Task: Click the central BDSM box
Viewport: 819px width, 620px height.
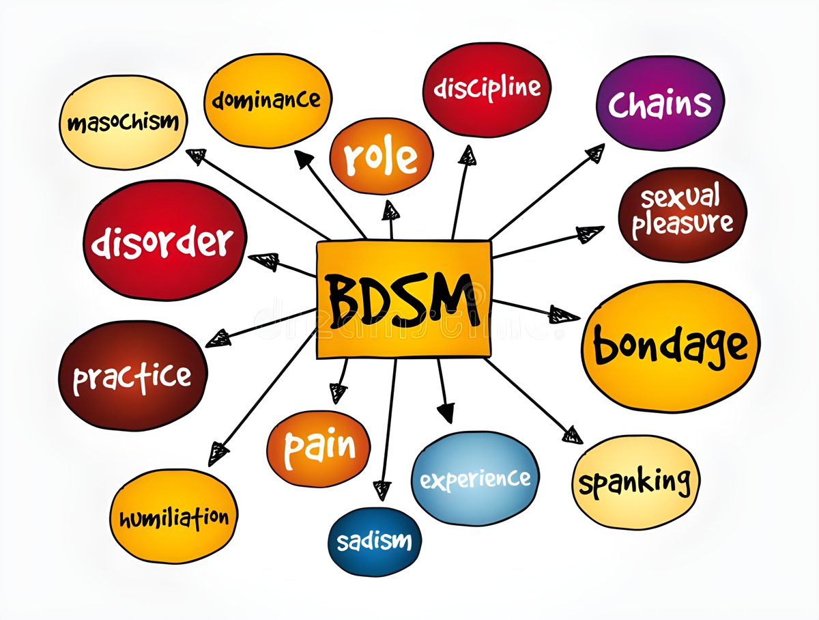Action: [404, 300]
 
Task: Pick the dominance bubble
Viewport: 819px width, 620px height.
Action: [268, 101]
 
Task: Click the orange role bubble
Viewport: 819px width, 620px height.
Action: [382, 155]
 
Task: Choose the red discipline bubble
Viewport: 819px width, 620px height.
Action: [487, 89]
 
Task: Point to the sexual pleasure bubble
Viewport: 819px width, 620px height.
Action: [682, 214]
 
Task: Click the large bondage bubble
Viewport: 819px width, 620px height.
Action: [670, 346]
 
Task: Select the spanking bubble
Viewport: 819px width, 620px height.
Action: [635, 482]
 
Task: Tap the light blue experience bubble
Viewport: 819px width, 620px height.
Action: [475, 479]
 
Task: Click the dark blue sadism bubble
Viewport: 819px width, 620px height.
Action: [375, 541]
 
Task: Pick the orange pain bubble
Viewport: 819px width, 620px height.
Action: [318, 449]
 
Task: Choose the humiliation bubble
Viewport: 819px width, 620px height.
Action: [173, 517]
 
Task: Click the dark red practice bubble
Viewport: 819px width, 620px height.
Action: [132, 376]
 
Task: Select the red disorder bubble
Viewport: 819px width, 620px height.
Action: [164, 240]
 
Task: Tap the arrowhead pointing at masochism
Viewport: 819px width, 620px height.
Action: [196, 156]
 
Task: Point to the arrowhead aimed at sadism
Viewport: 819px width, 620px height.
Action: [382, 490]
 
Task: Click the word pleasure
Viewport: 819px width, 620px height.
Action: [682, 225]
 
